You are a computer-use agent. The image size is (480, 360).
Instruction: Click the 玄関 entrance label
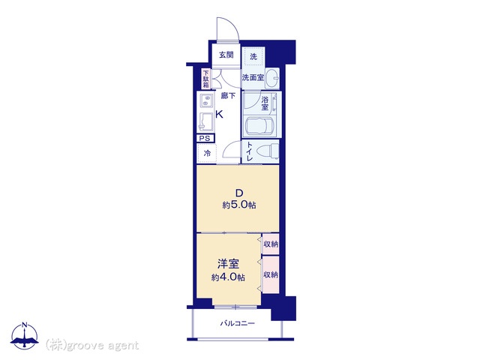pos(226,55)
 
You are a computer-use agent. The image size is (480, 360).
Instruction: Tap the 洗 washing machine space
pos(253,56)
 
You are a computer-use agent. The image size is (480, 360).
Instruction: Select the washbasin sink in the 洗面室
pos(271,78)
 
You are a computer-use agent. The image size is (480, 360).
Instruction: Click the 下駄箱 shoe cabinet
pos(206,79)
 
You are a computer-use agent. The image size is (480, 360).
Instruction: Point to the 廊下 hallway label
pos(228,96)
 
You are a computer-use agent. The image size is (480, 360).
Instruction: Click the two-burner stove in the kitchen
pos(206,100)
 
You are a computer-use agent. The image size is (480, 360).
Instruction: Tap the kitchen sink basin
pos(207,121)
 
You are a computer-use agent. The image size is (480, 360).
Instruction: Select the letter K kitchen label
pos(219,115)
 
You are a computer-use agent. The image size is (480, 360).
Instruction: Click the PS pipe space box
pos(205,138)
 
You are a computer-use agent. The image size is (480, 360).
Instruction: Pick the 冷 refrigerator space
pos(207,153)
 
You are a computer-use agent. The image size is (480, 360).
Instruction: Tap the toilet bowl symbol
pos(267,152)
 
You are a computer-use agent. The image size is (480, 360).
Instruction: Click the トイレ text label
pos(249,151)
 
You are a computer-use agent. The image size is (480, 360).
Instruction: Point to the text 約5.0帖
pos(239,205)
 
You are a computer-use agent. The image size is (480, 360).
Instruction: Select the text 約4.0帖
pos(228,277)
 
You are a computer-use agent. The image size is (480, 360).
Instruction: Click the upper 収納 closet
pos(271,244)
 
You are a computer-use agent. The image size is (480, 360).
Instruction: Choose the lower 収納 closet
pos(271,274)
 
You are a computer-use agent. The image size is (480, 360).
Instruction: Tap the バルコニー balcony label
pos(237,323)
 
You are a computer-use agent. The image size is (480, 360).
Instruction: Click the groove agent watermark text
pos(92,345)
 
